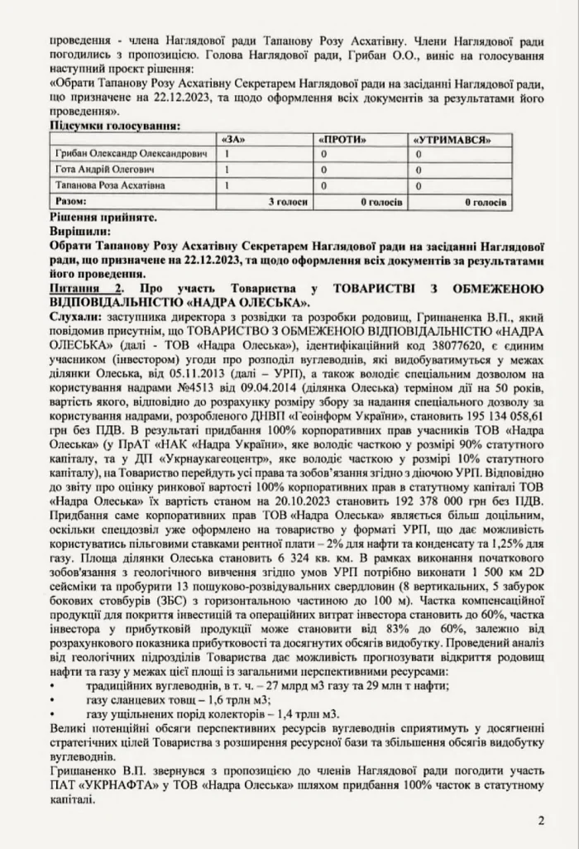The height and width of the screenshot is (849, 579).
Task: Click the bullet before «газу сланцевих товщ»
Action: coord(55,699)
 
